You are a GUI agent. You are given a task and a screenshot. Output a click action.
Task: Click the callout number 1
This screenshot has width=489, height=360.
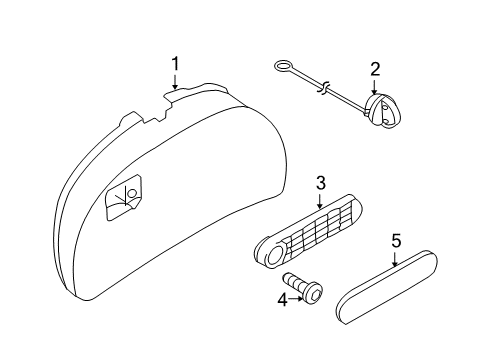pos(175,64)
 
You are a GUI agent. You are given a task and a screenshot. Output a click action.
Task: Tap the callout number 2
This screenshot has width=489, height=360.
pos(375,69)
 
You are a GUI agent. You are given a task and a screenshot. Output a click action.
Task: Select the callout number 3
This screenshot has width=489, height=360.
pos(320,183)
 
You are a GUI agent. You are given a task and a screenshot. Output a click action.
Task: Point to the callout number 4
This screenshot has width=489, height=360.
pos(282,300)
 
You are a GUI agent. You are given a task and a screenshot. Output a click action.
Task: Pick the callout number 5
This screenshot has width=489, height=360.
pos(396,241)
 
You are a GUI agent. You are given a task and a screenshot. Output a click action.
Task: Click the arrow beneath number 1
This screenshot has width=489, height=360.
pos(175,81)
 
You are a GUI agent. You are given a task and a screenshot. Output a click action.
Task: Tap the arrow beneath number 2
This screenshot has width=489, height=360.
pos(374,86)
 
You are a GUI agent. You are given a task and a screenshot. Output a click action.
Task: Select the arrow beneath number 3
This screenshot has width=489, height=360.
pos(320,200)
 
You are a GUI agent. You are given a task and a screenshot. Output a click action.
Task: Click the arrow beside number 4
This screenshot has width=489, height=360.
pos(296,299)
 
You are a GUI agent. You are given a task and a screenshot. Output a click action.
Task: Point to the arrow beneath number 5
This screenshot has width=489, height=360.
pos(395,259)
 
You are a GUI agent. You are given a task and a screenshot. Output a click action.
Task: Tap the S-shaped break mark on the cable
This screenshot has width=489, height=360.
pos(324,87)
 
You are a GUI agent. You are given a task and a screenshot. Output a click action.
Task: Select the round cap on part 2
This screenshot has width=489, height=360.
pos(382,110)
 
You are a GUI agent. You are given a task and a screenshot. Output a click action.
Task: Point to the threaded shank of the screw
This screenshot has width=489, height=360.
pos(293,282)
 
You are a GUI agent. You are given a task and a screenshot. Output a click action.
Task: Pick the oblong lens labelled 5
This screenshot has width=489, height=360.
pos(387,286)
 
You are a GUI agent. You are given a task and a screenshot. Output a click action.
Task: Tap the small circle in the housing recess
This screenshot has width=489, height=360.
pos(132,193)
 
